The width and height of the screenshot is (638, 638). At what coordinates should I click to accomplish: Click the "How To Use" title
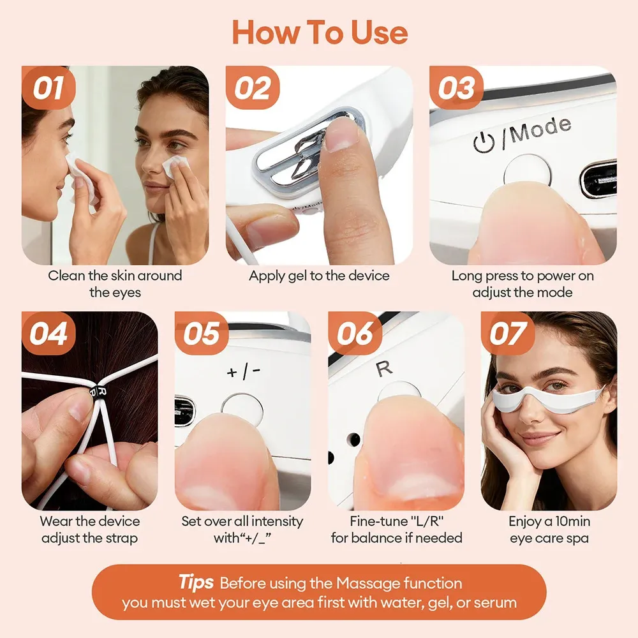click(320, 33)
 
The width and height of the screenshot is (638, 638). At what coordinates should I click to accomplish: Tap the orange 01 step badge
click(48, 87)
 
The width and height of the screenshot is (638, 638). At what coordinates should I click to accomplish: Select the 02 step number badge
click(252, 87)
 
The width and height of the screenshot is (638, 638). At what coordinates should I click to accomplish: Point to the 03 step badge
click(456, 87)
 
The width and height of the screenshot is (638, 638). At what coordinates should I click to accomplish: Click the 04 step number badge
click(48, 333)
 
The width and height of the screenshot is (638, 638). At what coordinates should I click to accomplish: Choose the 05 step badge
click(202, 333)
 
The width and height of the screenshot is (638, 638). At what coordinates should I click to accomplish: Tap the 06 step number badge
click(354, 333)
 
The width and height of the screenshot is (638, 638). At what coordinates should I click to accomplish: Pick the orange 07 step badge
click(507, 333)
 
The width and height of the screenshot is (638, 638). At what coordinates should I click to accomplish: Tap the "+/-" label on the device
click(243, 371)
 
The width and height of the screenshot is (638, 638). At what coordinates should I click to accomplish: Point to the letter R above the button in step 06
click(384, 368)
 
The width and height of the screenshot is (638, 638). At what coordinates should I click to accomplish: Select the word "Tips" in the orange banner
click(196, 582)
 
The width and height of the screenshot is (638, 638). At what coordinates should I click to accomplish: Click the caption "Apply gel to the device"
click(319, 276)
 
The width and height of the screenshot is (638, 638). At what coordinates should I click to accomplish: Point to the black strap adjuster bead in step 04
click(98, 392)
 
